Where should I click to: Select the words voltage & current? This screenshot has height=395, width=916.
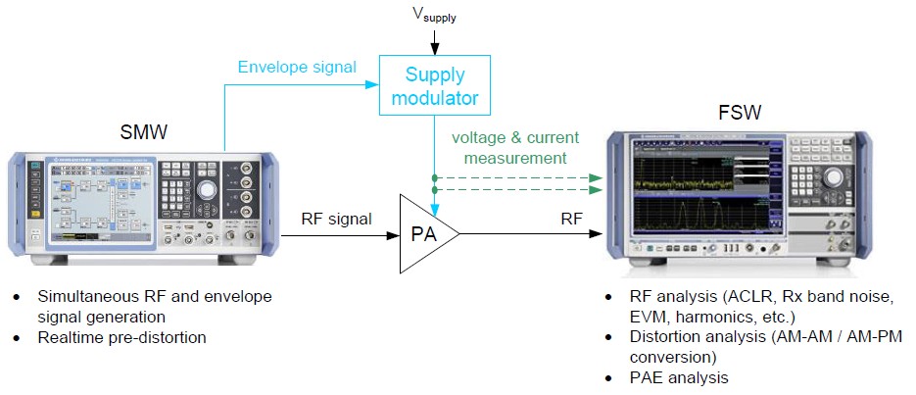click(x=515, y=137)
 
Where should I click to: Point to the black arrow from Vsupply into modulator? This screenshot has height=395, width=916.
click(x=432, y=40)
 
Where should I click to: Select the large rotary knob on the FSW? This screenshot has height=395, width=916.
click(x=834, y=177)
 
